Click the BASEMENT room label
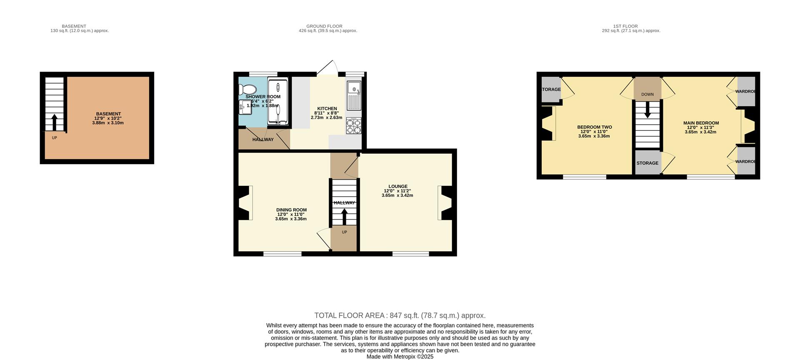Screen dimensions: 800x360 108,114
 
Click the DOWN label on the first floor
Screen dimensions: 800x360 647,95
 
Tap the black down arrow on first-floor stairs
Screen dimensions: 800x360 647,110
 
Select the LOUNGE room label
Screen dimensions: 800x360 398,186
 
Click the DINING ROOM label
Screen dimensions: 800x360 291,210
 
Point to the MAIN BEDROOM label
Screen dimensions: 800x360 701,123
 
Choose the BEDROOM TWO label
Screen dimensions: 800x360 595,127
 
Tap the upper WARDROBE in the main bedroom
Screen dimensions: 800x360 746,91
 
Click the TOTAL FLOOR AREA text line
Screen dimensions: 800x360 400,316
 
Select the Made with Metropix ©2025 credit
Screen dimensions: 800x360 400,357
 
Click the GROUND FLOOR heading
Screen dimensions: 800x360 324,26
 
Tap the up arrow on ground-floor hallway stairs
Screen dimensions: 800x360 344,217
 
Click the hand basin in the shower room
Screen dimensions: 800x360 244,107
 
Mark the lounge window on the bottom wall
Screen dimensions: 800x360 410,254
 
